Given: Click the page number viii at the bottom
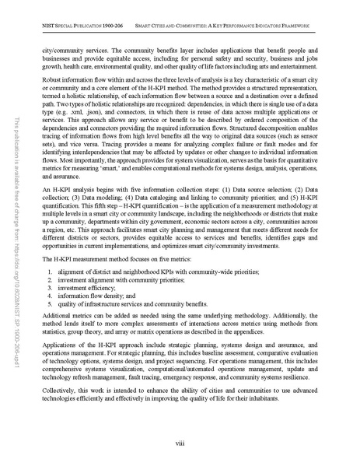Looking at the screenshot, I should (x=180, y=444).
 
